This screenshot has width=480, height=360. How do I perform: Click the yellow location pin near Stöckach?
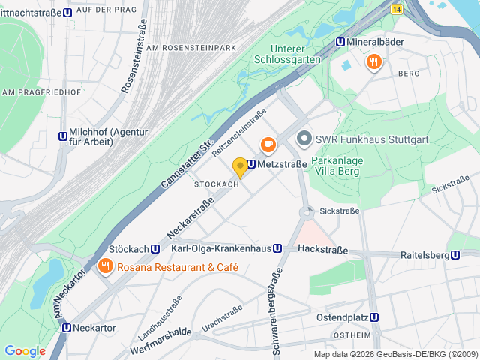click(240, 167)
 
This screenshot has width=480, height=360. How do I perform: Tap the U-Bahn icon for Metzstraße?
click(251, 164)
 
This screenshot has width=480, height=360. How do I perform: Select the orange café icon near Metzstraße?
click(268, 144)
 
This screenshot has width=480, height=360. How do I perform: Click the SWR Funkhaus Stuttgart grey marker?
click(304, 139)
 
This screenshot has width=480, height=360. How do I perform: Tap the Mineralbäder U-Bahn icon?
click(340, 43)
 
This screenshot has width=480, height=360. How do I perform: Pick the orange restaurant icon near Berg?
click(373, 62)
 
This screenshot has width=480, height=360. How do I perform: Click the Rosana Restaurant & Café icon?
click(106, 266)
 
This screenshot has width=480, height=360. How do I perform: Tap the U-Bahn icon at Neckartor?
click(67, 328)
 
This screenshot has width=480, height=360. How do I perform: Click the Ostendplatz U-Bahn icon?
click(375, 317)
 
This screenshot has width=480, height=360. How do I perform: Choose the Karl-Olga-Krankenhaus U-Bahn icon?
click(277, 248)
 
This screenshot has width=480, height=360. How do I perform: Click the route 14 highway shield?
click(396, 8)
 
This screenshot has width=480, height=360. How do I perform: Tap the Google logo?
click(25, 351)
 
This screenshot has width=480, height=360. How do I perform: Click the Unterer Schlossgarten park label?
click(295, 54)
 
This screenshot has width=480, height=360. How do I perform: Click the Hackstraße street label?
click(322, 248)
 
